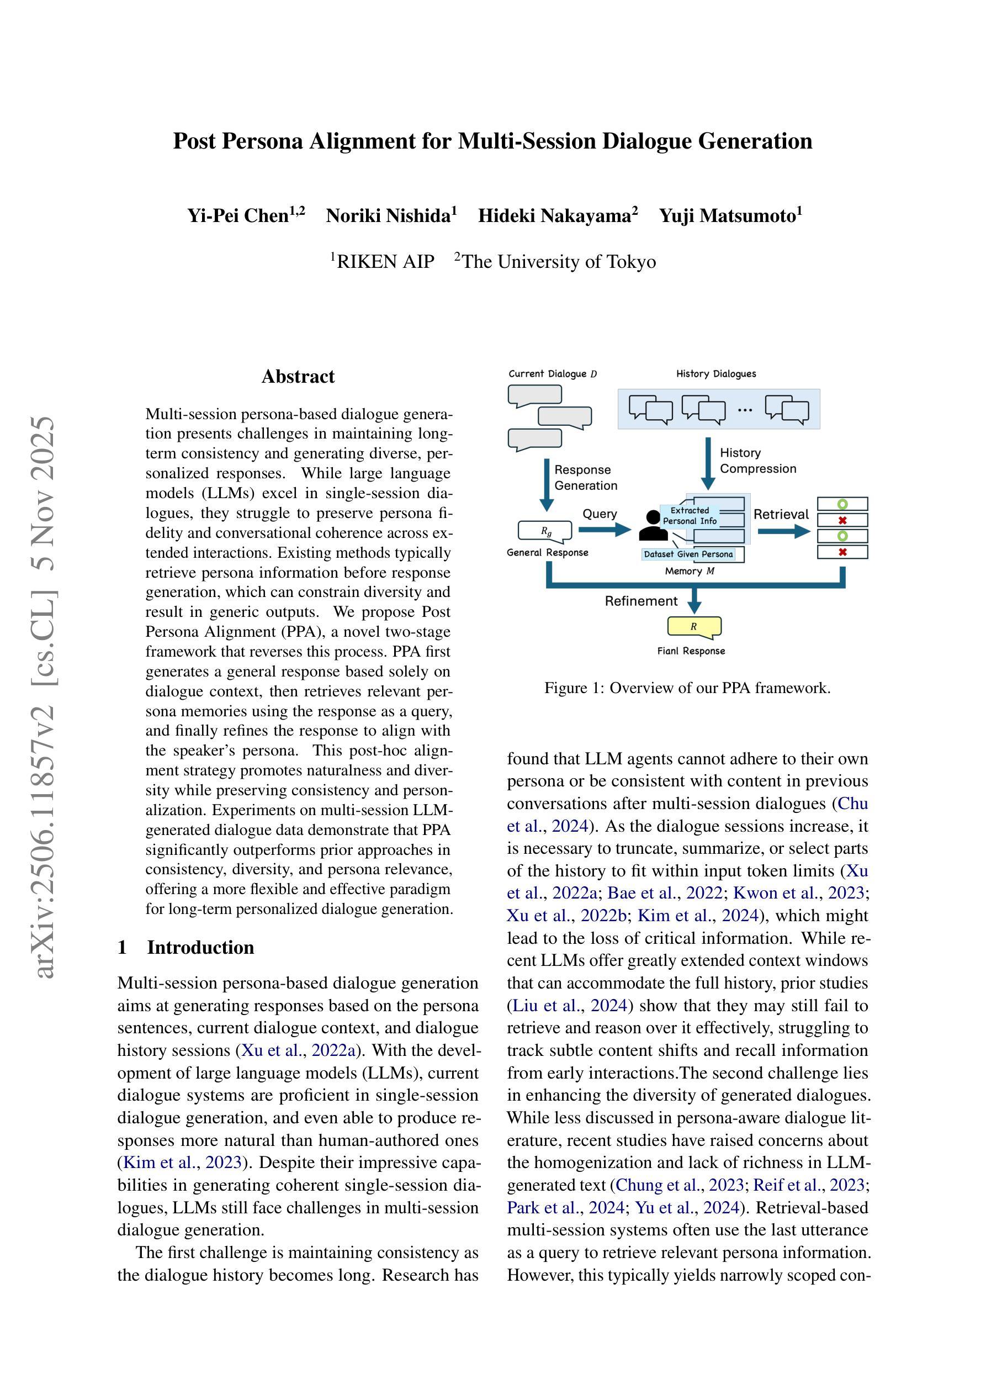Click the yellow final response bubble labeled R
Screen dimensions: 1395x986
pos(694,626)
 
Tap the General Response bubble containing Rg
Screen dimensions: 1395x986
pos(545,531)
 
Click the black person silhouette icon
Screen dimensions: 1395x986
pos(653,526)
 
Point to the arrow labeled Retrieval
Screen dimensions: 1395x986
pos(784,532)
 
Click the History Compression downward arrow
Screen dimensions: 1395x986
pos(708,463)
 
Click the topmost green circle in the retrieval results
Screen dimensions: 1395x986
pos(842,504)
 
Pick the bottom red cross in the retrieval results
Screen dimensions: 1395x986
pos(842,552)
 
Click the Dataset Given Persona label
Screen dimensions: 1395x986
pos(688,554)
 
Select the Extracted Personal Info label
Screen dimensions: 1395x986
pos(690,516)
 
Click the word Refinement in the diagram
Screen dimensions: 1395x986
pos(640,601)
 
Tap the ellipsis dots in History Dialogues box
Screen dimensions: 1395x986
pos(745,410)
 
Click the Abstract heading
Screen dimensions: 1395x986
pos(298,377)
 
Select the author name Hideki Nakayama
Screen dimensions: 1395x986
pos(557,216)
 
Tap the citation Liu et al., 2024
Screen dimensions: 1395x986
pos(569,1006)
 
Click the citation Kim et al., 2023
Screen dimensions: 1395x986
pos(182,1162)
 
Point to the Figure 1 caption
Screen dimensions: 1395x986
pos(687,688)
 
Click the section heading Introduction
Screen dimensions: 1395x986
pos(200,947)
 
